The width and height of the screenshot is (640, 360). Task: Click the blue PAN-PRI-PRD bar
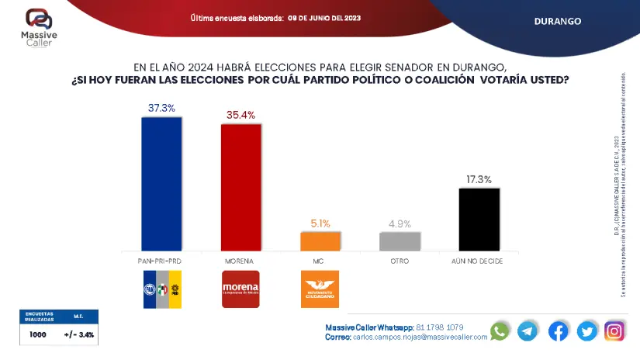pyautogui.click(x=161, y=183)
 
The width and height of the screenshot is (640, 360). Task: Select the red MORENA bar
pyautogui.click(x=240, y=187)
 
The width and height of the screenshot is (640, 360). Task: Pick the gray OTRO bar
pyautogui.click(x=400, y=241)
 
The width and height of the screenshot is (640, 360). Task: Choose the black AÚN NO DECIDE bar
pyautogui.click(x=479, y=219)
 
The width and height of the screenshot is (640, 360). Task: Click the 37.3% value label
pyautogui.click(x=161, y=108)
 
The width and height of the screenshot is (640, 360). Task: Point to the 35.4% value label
pyautogui.click(x=240, y=115)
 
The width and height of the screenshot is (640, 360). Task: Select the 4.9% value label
pyautogui.click(x=400, y=223)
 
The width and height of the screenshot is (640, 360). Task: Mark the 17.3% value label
pyautogui.click(x=479, y=179)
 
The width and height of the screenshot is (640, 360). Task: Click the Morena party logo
pyautogui.click(x=240, y=289)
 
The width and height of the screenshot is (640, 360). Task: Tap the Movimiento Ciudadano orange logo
pyautogui.click(x=320, y=289)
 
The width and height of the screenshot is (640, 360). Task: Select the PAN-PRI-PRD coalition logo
pyautogui.click(x=161, y=289)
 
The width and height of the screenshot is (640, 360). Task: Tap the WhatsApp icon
pyautogui.click(x=500, y=331)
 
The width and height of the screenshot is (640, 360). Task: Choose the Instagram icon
pyautogui.click(x=614, y=331)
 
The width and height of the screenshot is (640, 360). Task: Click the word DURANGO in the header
pyautogui.click(x=557, y=21)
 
